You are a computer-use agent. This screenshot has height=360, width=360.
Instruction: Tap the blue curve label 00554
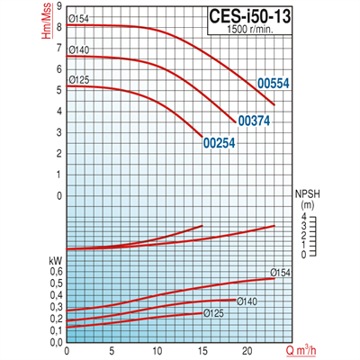point(273,84)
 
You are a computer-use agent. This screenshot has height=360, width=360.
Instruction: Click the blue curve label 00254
point(220,142)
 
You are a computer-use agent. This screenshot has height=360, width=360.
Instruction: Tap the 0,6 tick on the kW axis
point(57,271)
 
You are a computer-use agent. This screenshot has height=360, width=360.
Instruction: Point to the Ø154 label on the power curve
point(281,273)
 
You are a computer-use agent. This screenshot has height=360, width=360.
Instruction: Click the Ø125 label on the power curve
point(213,313)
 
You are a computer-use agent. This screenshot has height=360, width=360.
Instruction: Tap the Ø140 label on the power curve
point(248,300)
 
